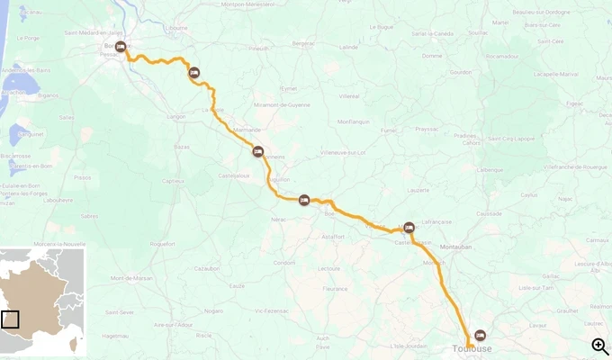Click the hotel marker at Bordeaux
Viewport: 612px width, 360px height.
pos(121,47)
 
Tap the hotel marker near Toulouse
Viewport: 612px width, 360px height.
pos(481,335)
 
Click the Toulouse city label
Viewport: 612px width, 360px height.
pos(472,348)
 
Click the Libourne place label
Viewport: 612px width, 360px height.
pos(176,28)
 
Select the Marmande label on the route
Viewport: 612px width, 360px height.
pos(246,130)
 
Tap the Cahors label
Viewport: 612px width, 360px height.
pos(472,143)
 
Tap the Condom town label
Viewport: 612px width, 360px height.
pos(284,263)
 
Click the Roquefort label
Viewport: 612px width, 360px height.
pos(163,244)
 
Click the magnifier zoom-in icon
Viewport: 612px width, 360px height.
pos(599,346)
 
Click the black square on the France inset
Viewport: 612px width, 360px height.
pos(10,319)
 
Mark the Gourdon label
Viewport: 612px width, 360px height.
pos(460,72)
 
